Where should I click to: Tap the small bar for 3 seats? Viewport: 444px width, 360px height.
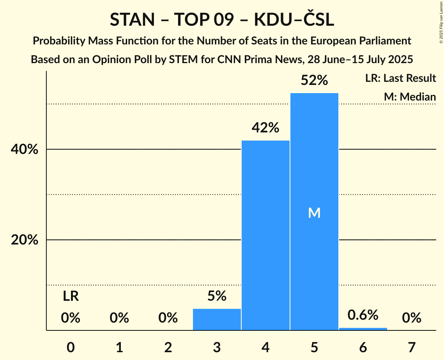pos(217,319)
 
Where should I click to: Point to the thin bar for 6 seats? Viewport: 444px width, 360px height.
pos(363,329)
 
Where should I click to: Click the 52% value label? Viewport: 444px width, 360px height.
pos(314,81)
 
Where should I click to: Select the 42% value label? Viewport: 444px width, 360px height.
pos(265,128)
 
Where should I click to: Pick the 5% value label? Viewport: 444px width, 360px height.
pos(217,296)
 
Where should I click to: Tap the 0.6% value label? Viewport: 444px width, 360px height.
pos(363,315)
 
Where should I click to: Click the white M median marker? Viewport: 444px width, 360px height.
pos(314,213)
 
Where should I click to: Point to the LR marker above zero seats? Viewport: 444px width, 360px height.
pos(71,296)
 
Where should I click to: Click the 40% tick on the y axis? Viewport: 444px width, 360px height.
pos(25,150)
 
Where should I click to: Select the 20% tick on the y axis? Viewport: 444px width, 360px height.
pos(25,240)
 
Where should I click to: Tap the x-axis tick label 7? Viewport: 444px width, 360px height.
pos(412,347)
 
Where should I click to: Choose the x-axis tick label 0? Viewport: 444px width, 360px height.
pos(71,347)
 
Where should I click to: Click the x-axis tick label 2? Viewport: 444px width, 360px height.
pos(168,347)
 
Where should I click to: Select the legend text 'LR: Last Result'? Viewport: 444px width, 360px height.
pos(400,78)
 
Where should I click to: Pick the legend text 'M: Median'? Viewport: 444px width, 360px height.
pos(410,97)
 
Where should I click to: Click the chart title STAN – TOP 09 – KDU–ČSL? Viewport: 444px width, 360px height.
pos(222,20)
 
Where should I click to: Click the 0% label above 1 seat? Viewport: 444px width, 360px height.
pos(119,318)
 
